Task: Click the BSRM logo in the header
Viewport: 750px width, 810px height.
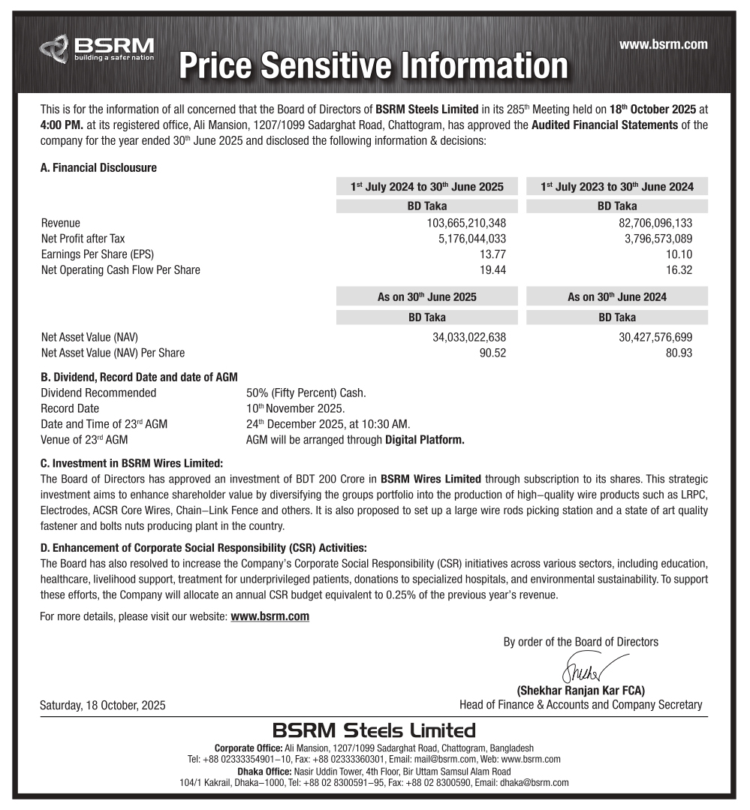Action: [97, 48]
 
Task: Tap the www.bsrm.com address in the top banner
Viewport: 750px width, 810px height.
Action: [663, 45]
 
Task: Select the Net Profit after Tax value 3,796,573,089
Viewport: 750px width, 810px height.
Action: [646, 239]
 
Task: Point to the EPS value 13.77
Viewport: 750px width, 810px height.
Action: [492, 254]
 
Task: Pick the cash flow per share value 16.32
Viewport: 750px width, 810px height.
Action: [679, 270]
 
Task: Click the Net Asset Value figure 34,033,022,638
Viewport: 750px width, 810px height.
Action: [469, 337]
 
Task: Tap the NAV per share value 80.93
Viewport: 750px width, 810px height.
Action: [679, 353]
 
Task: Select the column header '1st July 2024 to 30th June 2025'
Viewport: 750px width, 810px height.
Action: [426, 187]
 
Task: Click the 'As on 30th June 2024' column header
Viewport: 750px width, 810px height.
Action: [616, 297]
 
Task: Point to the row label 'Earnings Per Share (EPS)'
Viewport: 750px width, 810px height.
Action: [98, 254]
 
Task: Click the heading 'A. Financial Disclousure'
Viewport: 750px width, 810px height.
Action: [98, 168]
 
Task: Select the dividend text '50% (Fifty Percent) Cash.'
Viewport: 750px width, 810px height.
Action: [306, 393]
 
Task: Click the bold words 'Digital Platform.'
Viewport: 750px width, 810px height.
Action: [424, 440]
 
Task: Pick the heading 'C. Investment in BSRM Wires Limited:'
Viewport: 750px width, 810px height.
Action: [131, 463]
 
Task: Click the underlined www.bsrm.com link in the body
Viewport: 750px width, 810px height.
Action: [270, 616]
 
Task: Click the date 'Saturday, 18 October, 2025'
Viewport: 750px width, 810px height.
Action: [103, 706]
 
